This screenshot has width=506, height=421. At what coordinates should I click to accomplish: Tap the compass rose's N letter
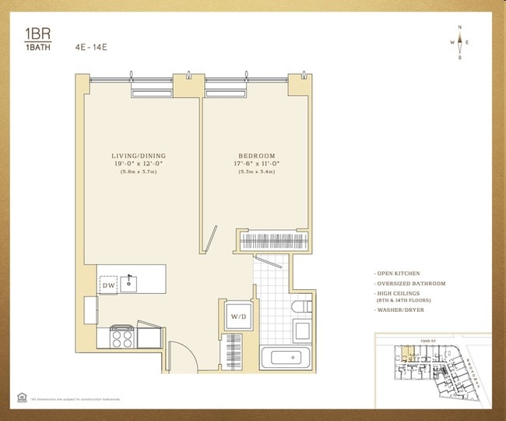click(x=460, y=28)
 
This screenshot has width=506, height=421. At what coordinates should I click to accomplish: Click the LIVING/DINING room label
click(x=139, y=156)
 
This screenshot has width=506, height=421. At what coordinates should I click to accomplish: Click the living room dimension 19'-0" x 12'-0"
click(x=139, y=164)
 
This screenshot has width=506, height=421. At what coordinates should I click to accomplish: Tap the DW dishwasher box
click(x=108, y=286)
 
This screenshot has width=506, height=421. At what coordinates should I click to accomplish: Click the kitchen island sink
click(x=132, y=281)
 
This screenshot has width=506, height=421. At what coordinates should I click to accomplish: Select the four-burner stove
click(x=122, y=336)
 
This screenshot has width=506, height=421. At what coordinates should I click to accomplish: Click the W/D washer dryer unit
click(x=236, y=317)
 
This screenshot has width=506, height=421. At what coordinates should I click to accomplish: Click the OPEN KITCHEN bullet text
click(x=400, y=274)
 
